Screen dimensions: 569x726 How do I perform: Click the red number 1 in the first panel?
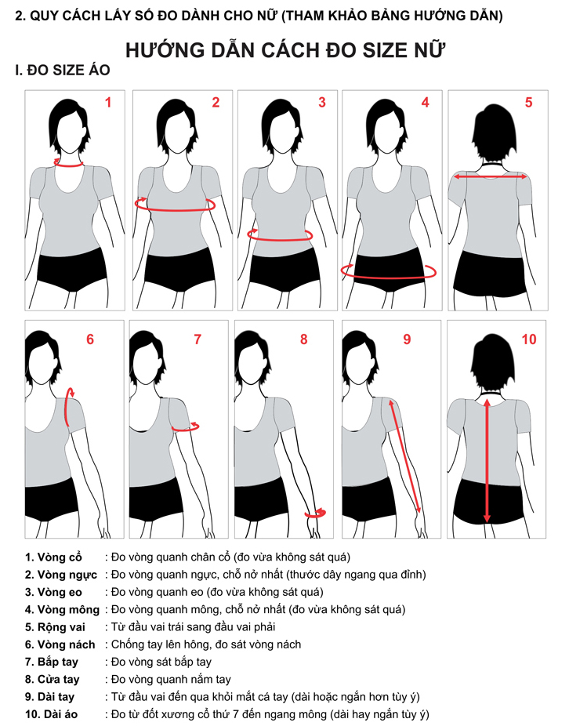tap(108, 103)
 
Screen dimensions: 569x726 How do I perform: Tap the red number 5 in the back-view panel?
tap(529, 103)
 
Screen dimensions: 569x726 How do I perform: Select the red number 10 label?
tap(529, 339)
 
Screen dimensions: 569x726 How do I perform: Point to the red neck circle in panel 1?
tap(68, 165)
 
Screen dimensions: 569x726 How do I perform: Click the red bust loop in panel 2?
tap(175, 210)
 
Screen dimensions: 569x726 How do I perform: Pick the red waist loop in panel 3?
tap(280, 239)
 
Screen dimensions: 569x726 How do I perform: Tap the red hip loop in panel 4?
tap(388, 277)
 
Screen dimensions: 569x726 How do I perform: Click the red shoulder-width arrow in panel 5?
tap(491, 177)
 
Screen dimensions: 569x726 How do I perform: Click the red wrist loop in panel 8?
tap(315, 514)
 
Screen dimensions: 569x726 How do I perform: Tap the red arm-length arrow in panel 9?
tap(404, 456)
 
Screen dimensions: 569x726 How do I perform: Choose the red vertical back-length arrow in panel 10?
tap(487, 461)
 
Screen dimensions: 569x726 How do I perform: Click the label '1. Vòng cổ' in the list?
tap(54, 557)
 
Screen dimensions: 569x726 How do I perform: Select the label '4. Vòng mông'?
tap(63, 610)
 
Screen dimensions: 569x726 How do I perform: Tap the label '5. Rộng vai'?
tap(55, 627)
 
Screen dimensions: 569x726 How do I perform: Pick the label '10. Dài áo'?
tap(52, 714)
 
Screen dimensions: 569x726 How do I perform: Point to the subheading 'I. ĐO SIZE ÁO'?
tap(63, 71)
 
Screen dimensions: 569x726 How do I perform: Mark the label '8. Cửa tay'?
tap(53, 680)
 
